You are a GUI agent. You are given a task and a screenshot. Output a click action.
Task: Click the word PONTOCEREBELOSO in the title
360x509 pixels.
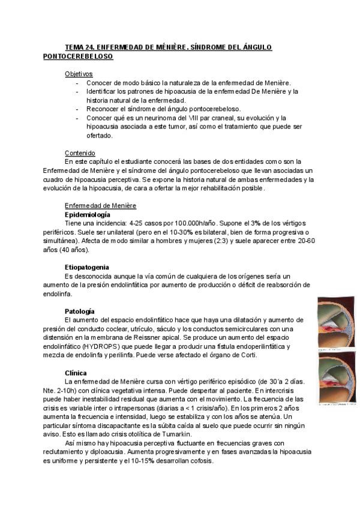(78, 56)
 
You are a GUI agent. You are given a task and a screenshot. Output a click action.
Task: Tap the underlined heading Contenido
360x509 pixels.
(80, 153)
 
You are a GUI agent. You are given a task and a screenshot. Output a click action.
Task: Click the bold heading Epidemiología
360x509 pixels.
(87, 214)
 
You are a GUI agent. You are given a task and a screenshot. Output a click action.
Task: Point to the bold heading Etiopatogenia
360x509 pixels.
(87, 267)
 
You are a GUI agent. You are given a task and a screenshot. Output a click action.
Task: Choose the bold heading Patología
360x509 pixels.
(80, 311)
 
